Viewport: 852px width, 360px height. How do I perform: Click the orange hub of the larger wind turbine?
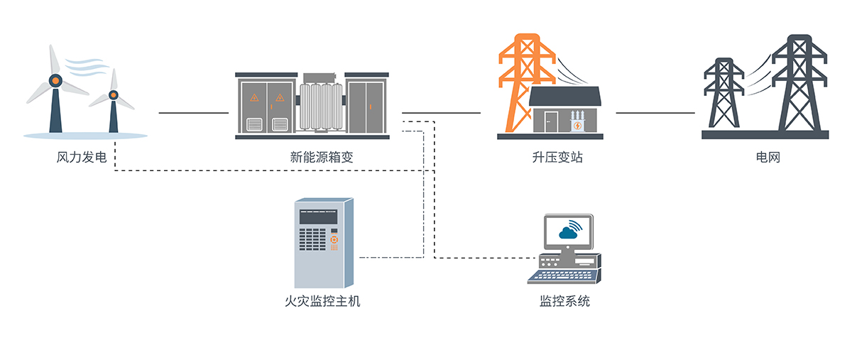click(55, 81)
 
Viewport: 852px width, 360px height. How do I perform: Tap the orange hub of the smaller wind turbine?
click(113, 94)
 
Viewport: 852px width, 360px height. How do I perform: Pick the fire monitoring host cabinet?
click(323, 241)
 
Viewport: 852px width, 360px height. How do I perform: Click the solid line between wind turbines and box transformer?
click(193, 112)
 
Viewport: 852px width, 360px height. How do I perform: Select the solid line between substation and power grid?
click(655, 112)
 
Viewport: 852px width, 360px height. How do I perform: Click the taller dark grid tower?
click(799, 85)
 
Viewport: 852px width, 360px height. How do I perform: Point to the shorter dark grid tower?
click(723, 96)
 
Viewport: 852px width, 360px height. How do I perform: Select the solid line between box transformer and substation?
click(441, 112)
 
